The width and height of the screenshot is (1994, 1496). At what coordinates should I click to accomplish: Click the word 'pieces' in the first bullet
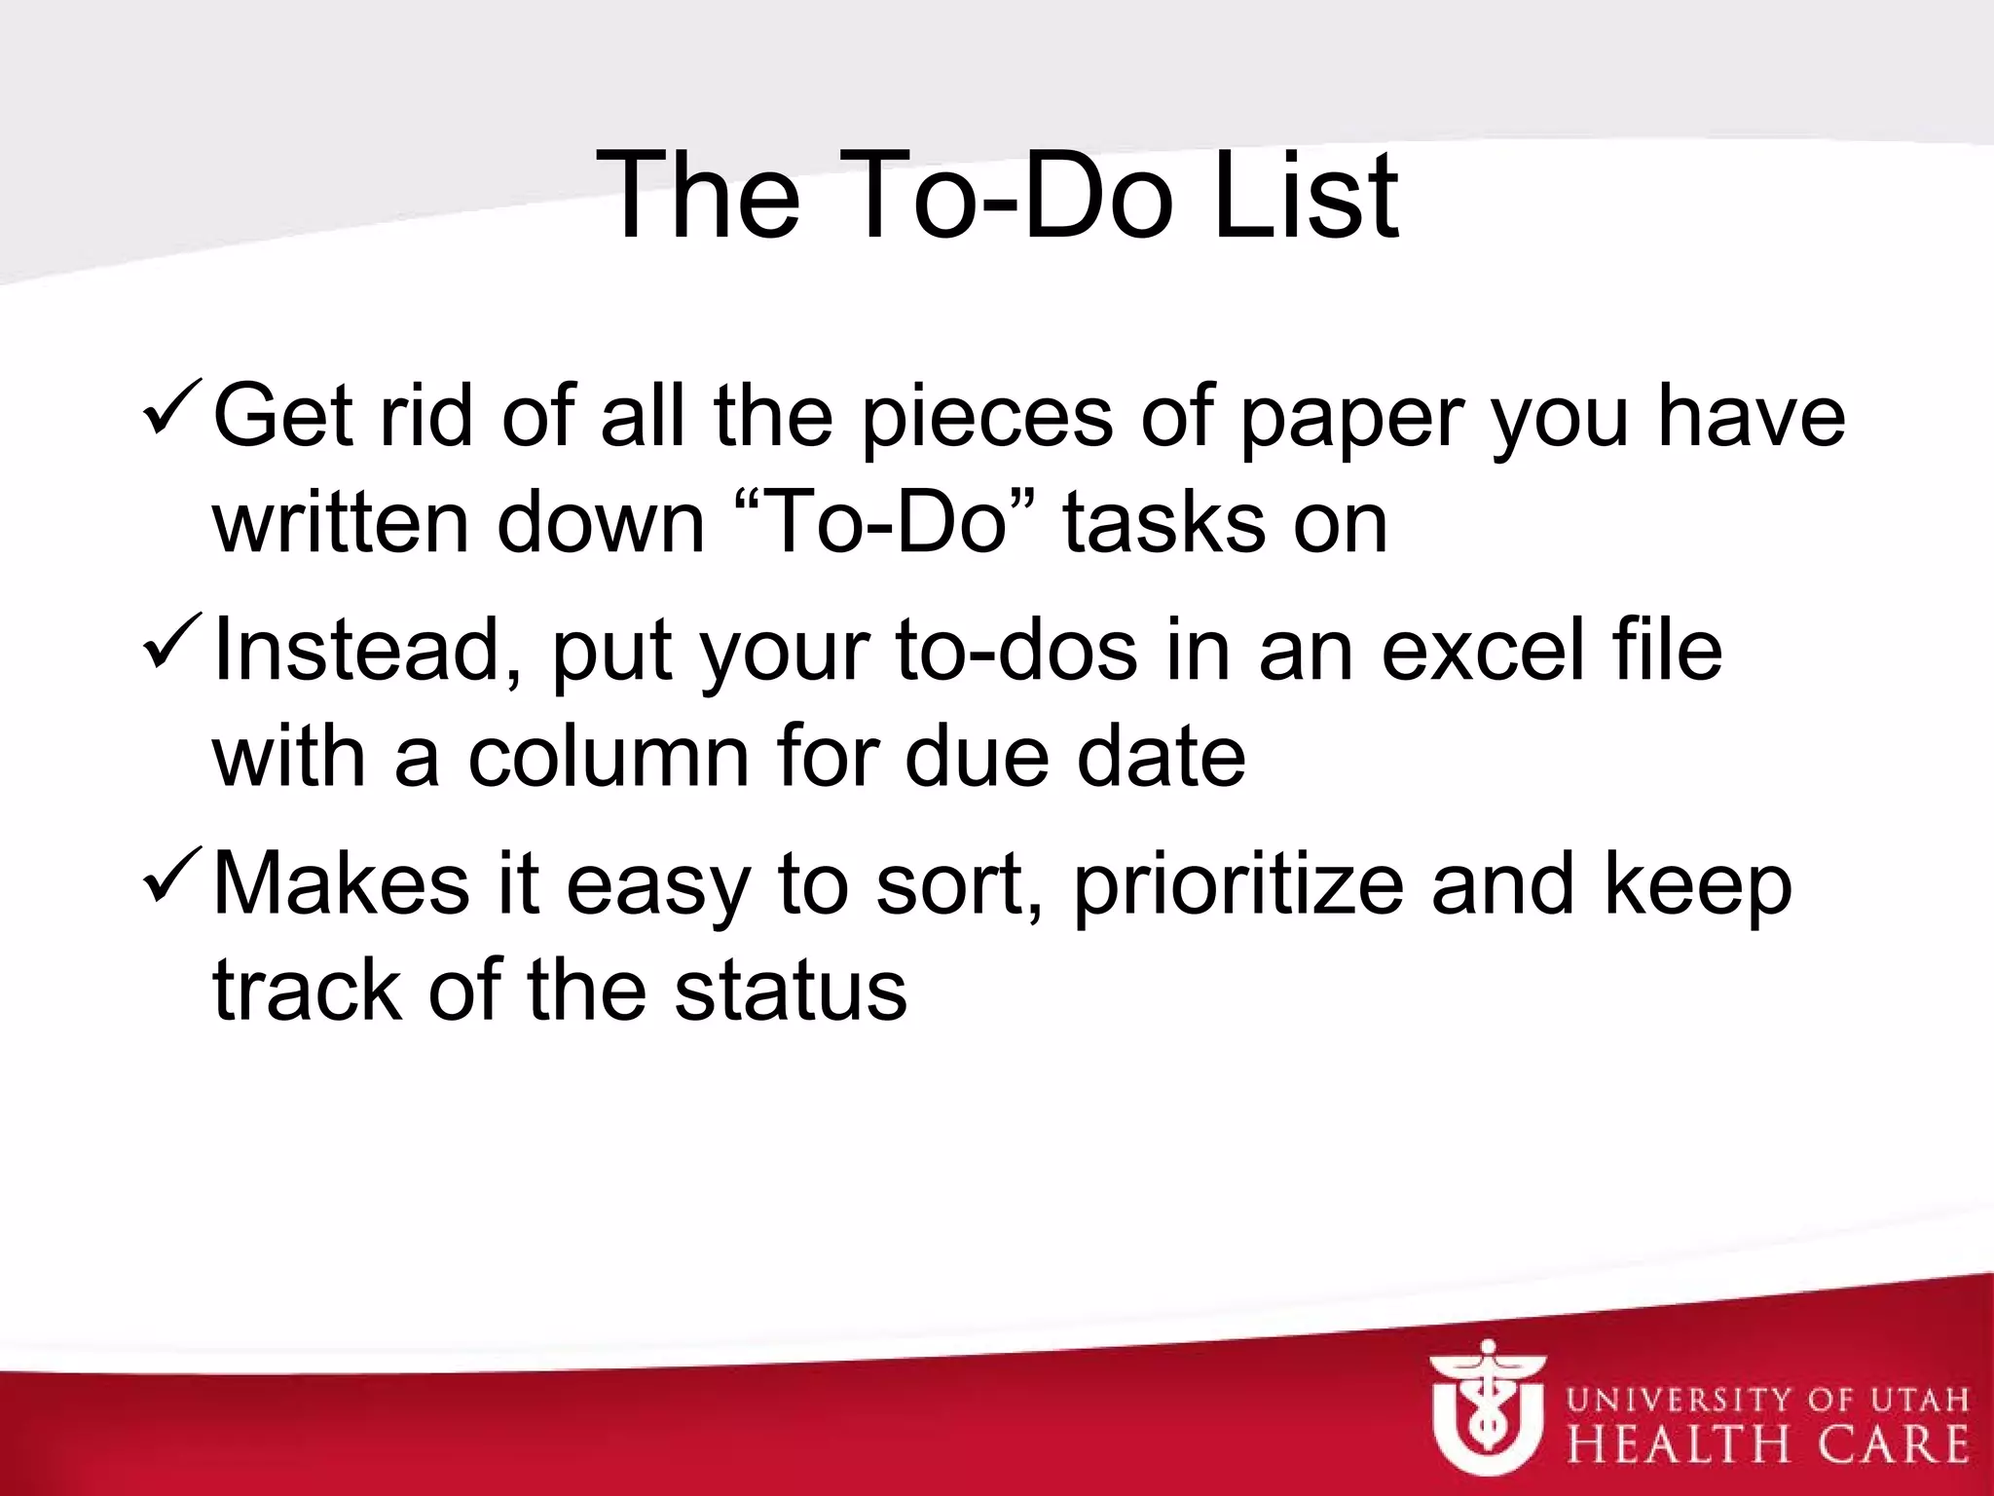click(986, 417)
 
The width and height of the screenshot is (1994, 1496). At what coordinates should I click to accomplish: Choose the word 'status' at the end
click(791, 991)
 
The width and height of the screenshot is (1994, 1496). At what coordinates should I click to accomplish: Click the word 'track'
click(307, 991)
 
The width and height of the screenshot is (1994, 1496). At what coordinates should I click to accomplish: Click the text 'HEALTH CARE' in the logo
click(1766, 1444)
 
